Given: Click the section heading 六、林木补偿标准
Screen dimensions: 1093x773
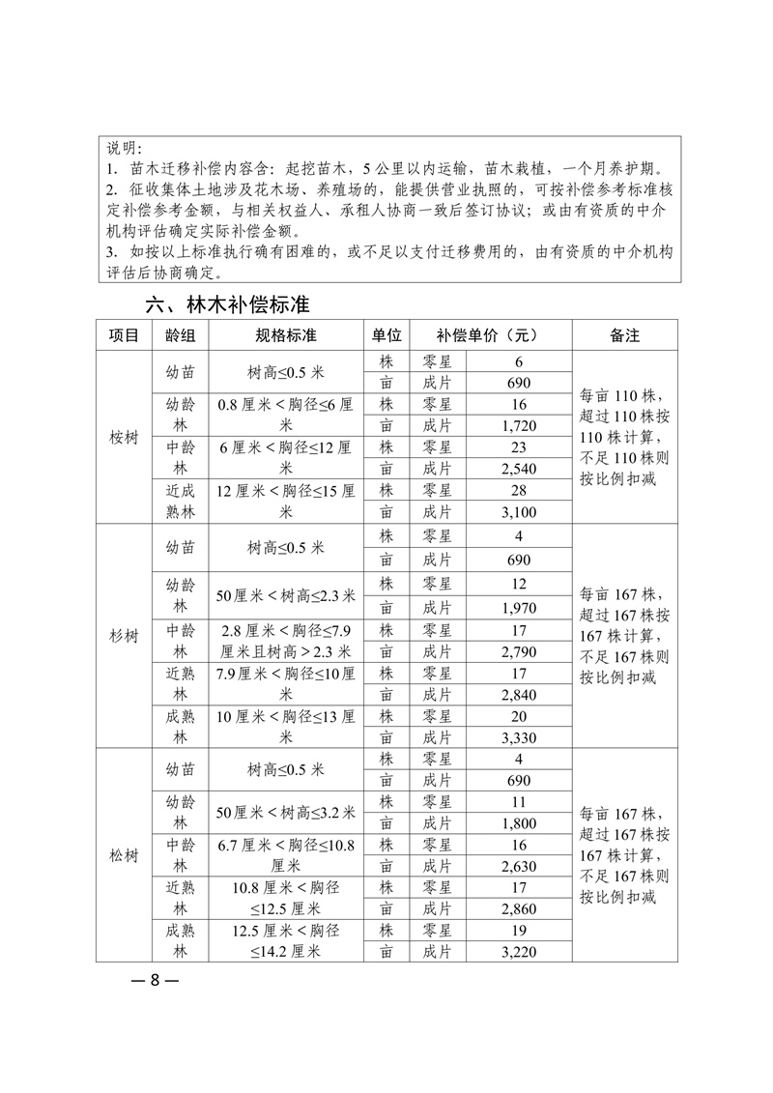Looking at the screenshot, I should click(227, 304).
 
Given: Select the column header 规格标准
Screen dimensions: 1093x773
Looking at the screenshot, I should click(286, 335).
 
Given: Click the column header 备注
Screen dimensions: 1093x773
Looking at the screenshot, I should click(624, 335).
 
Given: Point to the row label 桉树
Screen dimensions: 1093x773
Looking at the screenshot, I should click(125, 437).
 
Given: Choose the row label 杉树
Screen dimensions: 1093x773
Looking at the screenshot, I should click(125, 635).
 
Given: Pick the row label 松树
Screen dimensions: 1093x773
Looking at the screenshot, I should click(125, 855).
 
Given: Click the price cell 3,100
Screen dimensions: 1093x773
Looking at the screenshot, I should click(519, 511).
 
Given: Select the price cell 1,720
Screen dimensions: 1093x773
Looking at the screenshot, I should click(519, 425).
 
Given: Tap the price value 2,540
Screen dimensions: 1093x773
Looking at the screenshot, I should click(519, 469).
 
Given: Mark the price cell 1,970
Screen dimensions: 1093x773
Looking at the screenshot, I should click(519, 608).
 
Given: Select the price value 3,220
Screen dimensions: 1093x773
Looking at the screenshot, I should click(519, 952).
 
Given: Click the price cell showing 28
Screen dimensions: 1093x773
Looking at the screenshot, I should click(519, 490).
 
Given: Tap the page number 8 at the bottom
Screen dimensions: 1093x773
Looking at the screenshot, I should click(154, 979).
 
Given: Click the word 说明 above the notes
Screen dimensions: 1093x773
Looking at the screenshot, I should click(123, 148).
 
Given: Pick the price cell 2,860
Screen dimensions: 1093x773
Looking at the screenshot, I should click(519, 909).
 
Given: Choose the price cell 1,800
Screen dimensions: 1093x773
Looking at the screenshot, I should click(519, 823).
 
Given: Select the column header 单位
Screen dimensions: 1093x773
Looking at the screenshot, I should click(386, 335).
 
